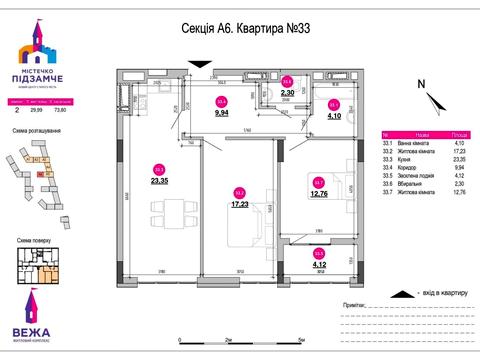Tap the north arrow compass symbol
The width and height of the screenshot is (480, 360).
[x=432, y=101]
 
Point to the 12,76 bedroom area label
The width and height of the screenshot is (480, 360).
[x=318, y=194]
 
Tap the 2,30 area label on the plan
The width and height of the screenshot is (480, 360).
[x=287, y=94]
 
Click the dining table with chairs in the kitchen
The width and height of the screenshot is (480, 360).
[x=165, y=215]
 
